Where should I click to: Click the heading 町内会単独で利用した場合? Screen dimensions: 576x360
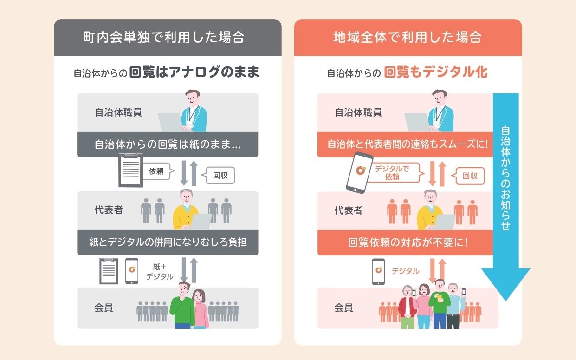click(168, 37)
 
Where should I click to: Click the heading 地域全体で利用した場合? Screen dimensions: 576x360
click(408, 37)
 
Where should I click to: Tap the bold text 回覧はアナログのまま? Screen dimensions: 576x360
click(194, 73)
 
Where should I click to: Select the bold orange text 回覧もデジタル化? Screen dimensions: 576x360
click(436, 73)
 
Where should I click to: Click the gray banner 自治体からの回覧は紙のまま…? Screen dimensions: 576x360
click(168, 144)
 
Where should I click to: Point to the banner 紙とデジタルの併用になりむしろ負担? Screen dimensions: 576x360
click(168, 242)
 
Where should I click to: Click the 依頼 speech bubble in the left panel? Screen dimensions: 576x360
click(157, 171)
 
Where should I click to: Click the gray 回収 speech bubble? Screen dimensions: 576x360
click(220, 176)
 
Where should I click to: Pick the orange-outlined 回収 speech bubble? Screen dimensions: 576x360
click(470, 176)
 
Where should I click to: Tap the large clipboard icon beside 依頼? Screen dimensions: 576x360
click(130, 170)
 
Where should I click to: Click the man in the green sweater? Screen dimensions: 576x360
click(182, 305)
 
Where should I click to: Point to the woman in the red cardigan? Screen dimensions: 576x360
click(407, 307)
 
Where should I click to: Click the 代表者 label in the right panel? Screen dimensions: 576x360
click(348, 210)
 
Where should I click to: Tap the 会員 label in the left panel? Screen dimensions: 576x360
click(104, 308)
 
